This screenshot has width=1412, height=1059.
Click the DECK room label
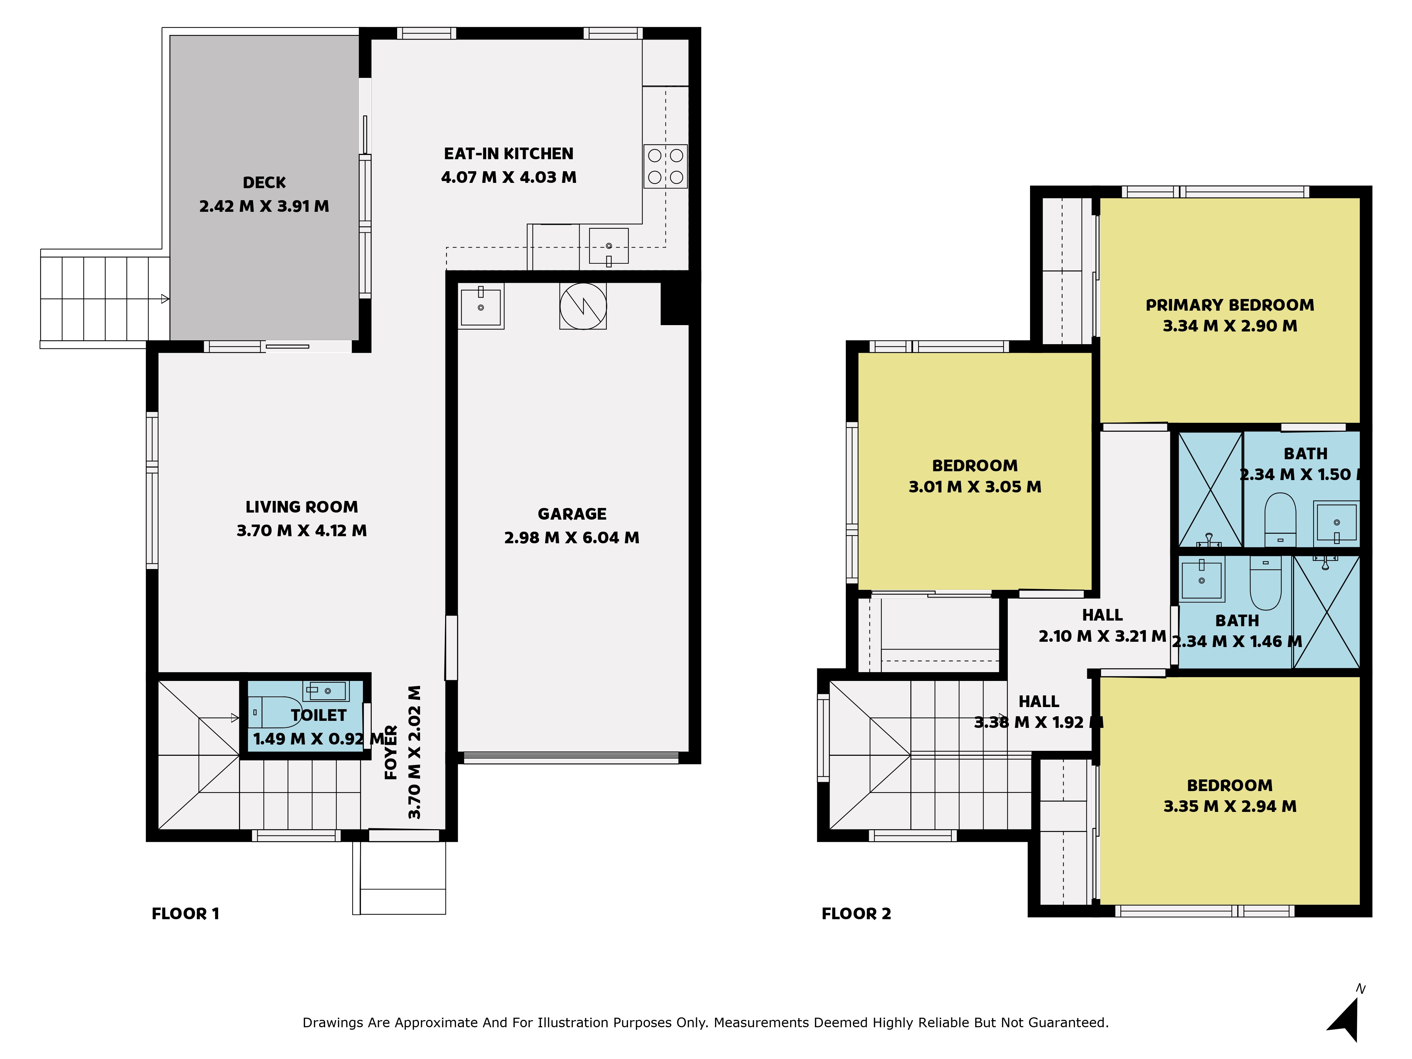pyautogui.click(x=264, y=183)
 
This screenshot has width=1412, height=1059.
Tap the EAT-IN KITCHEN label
pyautogui.click(x=509, y=154)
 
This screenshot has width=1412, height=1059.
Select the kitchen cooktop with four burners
pyautogui.click(x=665, y=166)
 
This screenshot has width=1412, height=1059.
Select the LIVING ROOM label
pyautogui.click(x=302, y=507)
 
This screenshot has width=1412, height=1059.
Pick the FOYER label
pyautogui.click(x=391, y=753)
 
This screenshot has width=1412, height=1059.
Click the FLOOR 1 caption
pyautogui.click(x=185, y=914)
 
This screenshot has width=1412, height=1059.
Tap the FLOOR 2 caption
pyautogui.click(x=856, y=914)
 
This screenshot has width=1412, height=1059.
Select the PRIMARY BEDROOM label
pyautogui.click(x=1229, y=305)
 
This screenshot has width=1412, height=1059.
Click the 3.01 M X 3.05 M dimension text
pyautogui.click(x=975, y=487)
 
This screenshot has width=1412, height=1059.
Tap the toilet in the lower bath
pyautogui.click(x=1265, y=582)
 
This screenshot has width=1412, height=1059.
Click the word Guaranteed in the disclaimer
pyautogui.click(x=1074, y=1023)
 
